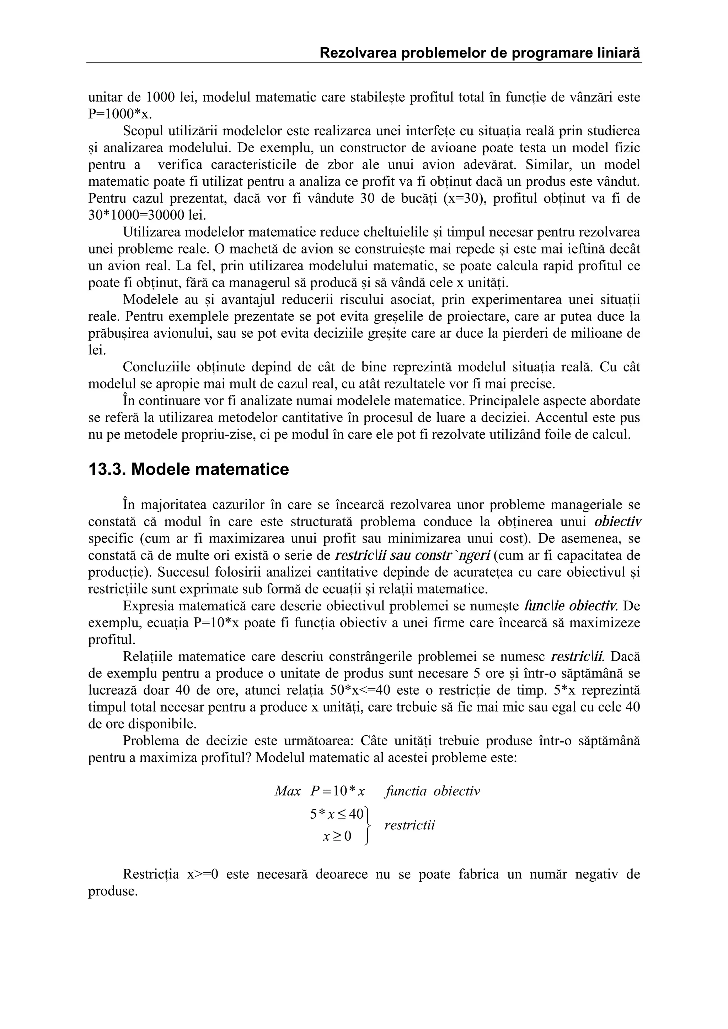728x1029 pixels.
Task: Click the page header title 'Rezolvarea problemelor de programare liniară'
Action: click(480, 53)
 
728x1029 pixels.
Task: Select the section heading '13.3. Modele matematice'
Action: click(188, 469)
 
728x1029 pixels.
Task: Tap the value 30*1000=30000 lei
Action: click(147, 215)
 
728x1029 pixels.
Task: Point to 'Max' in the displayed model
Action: click(288, 791)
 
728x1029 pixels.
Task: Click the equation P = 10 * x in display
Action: click(337, 791)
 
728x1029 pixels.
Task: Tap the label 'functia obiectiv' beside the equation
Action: click(432, 791)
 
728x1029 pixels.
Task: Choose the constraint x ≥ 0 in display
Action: click(337, 836)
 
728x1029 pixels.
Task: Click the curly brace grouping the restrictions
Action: click(368, 826)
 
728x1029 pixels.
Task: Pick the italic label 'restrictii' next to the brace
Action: click(409, 825)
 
